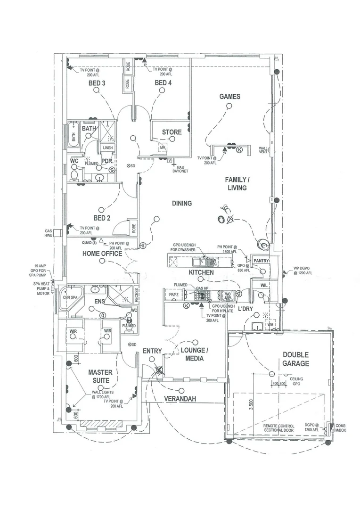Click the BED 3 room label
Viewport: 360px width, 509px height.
point(97,83)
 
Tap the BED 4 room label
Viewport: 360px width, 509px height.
point(163,83)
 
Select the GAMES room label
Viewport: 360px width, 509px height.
point(229,97)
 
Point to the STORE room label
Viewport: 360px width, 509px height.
point(172,132)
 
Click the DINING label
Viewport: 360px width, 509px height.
point(181,204)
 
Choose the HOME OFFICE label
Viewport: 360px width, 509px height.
point(102,254)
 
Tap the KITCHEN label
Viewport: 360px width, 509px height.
point(201,273)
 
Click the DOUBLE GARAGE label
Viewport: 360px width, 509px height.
point(296,359)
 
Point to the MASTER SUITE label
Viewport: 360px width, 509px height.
point(100,377)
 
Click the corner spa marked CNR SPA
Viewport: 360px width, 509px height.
point(70,298)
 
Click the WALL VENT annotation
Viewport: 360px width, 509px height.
point(263,150)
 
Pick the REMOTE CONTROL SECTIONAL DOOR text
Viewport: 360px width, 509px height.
point(279,428)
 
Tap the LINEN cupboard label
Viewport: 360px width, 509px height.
point(107,148)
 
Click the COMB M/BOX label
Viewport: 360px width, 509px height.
point(340,428)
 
